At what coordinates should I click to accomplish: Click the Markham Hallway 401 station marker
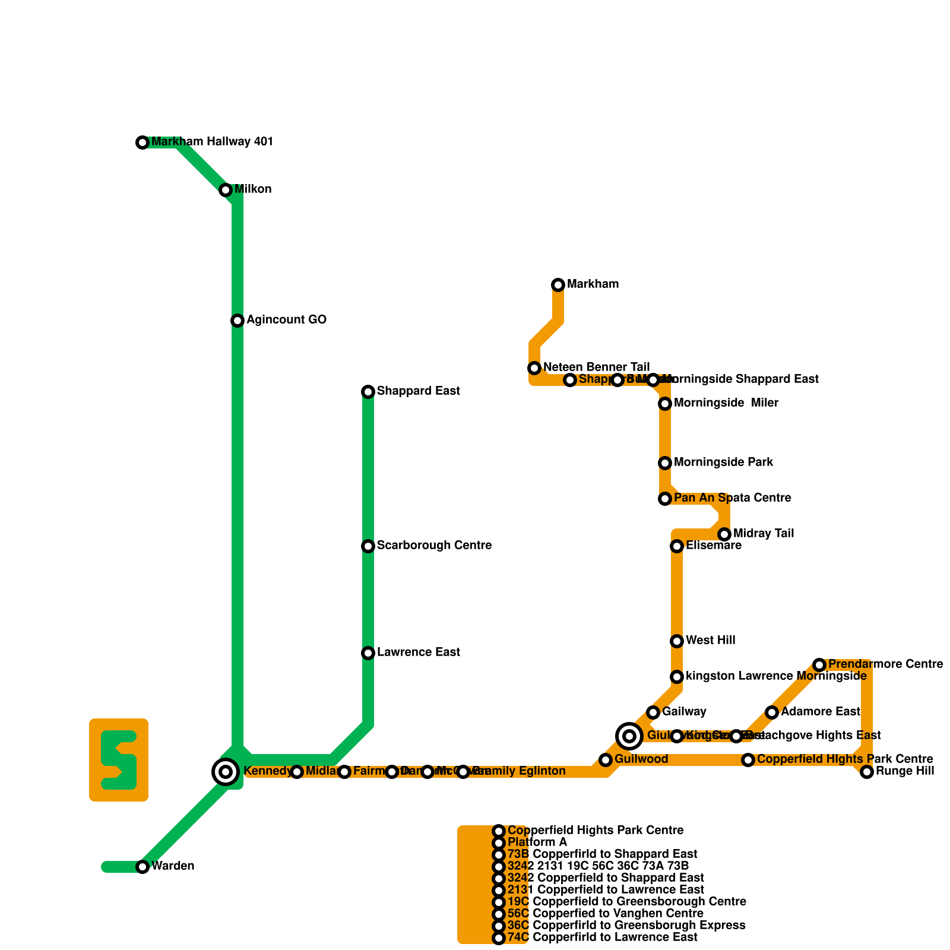[x=142, y=142]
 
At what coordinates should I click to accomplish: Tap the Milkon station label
[x=253, y=189]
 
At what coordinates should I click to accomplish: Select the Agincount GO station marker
[x=237, y=321]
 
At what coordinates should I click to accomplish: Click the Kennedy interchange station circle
[x=226, y=772]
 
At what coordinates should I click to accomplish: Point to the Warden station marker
[x=142, y=867]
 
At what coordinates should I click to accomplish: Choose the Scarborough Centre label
[x=434, y=546]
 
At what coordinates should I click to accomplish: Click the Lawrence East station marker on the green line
[x=368, y=653]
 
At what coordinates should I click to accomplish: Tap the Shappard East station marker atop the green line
[x=368, y=392]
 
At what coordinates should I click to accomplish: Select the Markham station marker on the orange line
[x=558, y=285]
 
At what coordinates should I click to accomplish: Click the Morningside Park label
[x=723, y=463]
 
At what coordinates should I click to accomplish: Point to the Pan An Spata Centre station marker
[x=665, y=499]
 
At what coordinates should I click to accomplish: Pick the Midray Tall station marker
[x=724, y=534]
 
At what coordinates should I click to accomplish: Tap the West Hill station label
[x=710, y=641]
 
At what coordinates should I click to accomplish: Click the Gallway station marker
[x=653, y=712]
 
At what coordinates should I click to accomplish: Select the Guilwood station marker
[x=606, y=760]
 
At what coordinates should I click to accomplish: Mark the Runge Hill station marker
[x=867, y=772]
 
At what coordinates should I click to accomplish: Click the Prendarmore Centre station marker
[x=819, y=665]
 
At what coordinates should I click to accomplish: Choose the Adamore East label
[x=821, y=712]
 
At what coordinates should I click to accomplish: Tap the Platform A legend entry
[x=537, y=843]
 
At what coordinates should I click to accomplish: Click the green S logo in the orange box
[x=119, y=760]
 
